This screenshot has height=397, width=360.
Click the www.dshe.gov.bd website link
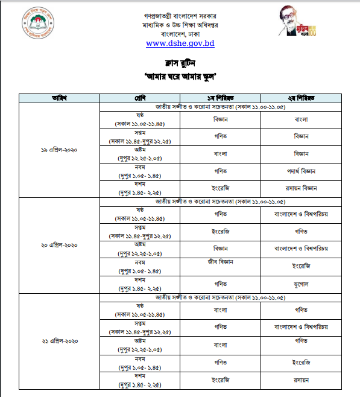click(x=180, y=43)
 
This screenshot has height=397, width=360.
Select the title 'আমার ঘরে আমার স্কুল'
click(x=180, y=76)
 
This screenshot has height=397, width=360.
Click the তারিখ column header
click(x=58, y=98)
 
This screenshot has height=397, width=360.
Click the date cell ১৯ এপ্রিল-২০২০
click(x=58, y=150)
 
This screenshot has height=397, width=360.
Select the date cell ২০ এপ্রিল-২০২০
click(x=58, y=246)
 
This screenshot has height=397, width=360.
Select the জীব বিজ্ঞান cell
click(x=220, y=262)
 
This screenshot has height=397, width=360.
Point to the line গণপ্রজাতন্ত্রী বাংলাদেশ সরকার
click(x=180, y=13)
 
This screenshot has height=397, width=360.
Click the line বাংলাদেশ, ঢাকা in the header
click(x=180, y=33)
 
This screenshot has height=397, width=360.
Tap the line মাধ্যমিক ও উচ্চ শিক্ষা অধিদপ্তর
click(x=180, y=23)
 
